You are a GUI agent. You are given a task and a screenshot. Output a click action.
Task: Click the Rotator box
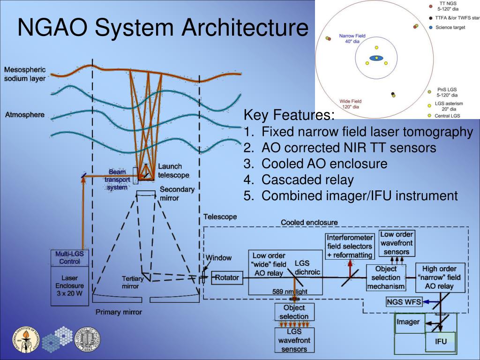[226, 277]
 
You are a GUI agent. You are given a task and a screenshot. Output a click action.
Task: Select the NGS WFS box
[404, 302]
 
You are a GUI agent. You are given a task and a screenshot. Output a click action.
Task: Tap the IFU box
[441, 341]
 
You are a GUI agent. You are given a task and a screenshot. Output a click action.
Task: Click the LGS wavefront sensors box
[294, 340]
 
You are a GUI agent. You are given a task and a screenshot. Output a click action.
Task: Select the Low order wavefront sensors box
[397, 243]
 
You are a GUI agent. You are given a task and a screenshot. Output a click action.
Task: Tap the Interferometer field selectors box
[350, 247]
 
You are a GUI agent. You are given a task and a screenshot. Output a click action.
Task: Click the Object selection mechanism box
[386, 277]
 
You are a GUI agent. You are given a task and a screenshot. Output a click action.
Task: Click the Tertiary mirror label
[133, 282]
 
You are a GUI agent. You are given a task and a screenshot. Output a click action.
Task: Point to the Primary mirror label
[119, 312]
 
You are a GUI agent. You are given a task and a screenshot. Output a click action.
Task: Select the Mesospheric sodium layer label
[25, 74]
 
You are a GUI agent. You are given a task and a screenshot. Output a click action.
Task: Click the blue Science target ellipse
[376, 58]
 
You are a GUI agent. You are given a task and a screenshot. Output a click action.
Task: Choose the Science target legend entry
[450, 28]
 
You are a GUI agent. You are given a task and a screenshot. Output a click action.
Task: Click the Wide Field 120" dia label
[350, 104]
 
